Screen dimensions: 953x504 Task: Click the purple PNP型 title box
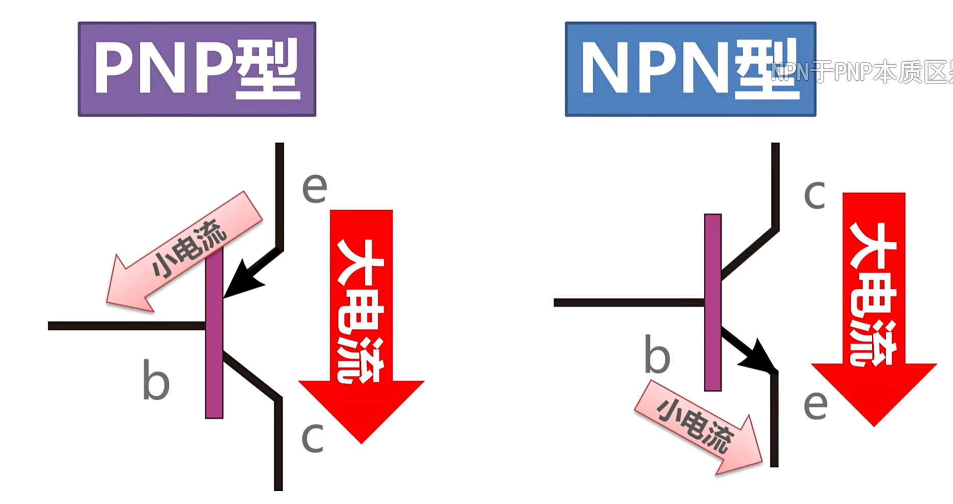pos(197,69)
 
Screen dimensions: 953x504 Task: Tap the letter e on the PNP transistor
pos(314,188)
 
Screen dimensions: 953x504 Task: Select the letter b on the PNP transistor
pos(155,380)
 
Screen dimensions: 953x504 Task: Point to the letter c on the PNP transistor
pos(312,438)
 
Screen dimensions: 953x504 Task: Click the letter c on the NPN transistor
pos(814,195)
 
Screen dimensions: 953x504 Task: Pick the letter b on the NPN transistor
pos(657,354)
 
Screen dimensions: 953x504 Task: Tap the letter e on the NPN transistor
pos(815,405)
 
